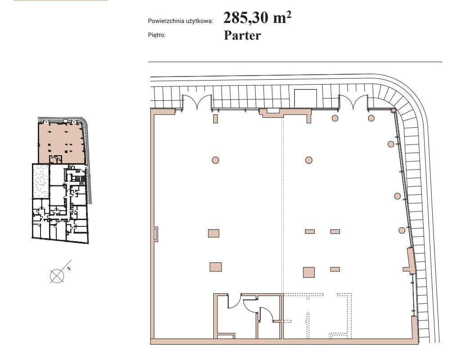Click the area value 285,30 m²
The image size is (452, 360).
click(x=257, y=18)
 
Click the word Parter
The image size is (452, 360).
click(x=242, y=36)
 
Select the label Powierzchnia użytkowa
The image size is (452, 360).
click(x=181, y=21)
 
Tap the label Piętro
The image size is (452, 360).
click(x=157, y=35)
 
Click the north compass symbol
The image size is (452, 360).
click(x=57, y=276)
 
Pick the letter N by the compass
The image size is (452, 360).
click(x=68, y=268)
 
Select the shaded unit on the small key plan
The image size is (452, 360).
click(x=61, y=143)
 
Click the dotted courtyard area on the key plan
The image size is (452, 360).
click(x=41, y=181)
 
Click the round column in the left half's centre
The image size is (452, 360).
click(x=215, y=160)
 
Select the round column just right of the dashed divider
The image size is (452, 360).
click(x=309, y=160)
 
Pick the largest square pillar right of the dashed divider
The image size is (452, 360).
click(x=309, y=272)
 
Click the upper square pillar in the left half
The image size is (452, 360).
click(x=213, y=233)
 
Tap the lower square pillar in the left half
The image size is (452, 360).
click(x=216, y=267)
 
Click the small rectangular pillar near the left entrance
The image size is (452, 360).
click(x=215, y=119)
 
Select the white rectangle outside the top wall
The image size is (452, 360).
click(x=305, y=98)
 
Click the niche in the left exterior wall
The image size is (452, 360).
click(x=156, y=234)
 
